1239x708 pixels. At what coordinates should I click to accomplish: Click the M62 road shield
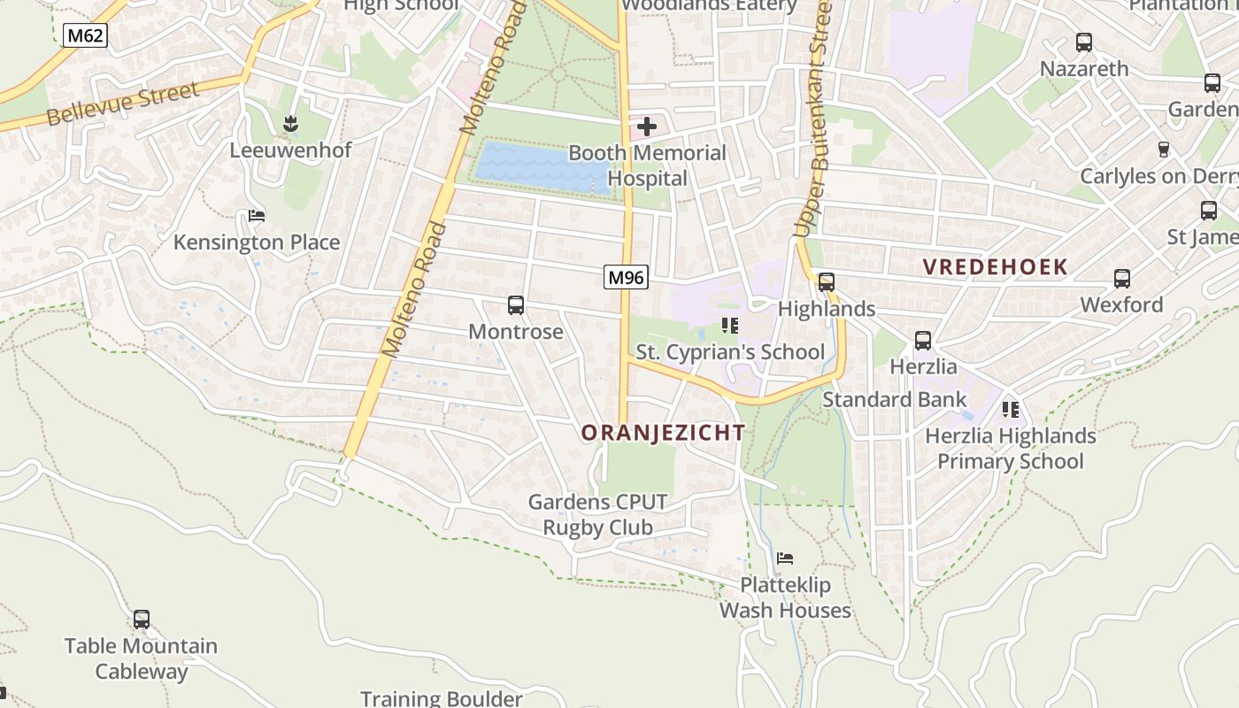[85, 35]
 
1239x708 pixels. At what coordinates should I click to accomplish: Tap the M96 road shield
[627, 277]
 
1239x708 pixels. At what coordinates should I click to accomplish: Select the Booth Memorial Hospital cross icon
[647, 127]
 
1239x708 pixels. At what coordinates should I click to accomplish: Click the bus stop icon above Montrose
[516, 305]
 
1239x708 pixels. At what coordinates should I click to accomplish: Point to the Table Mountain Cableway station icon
[141, 619]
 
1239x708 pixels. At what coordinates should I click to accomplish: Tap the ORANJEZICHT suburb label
[663, 432]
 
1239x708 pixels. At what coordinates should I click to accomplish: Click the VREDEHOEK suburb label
[995, 266]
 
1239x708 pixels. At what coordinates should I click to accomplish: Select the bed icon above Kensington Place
[257, 216]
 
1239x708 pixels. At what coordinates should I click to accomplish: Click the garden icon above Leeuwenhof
[290, 124]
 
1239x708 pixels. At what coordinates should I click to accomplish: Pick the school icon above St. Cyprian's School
[730, 326]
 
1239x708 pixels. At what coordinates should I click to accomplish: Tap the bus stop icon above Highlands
[827, 282]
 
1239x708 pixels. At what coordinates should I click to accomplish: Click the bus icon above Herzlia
[923, 340]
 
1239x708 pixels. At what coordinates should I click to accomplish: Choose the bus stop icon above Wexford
[1122, 279]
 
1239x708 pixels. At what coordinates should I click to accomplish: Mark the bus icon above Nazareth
[1084, 42]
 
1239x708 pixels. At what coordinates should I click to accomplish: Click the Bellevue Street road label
[123, 104]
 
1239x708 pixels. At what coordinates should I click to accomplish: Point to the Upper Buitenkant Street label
[813, 119]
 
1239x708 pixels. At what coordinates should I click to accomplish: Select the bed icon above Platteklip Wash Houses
[784, 558]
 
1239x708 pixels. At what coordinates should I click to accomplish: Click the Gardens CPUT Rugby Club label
[597, 515]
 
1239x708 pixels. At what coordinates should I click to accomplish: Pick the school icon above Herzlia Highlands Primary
[1011, 409]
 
